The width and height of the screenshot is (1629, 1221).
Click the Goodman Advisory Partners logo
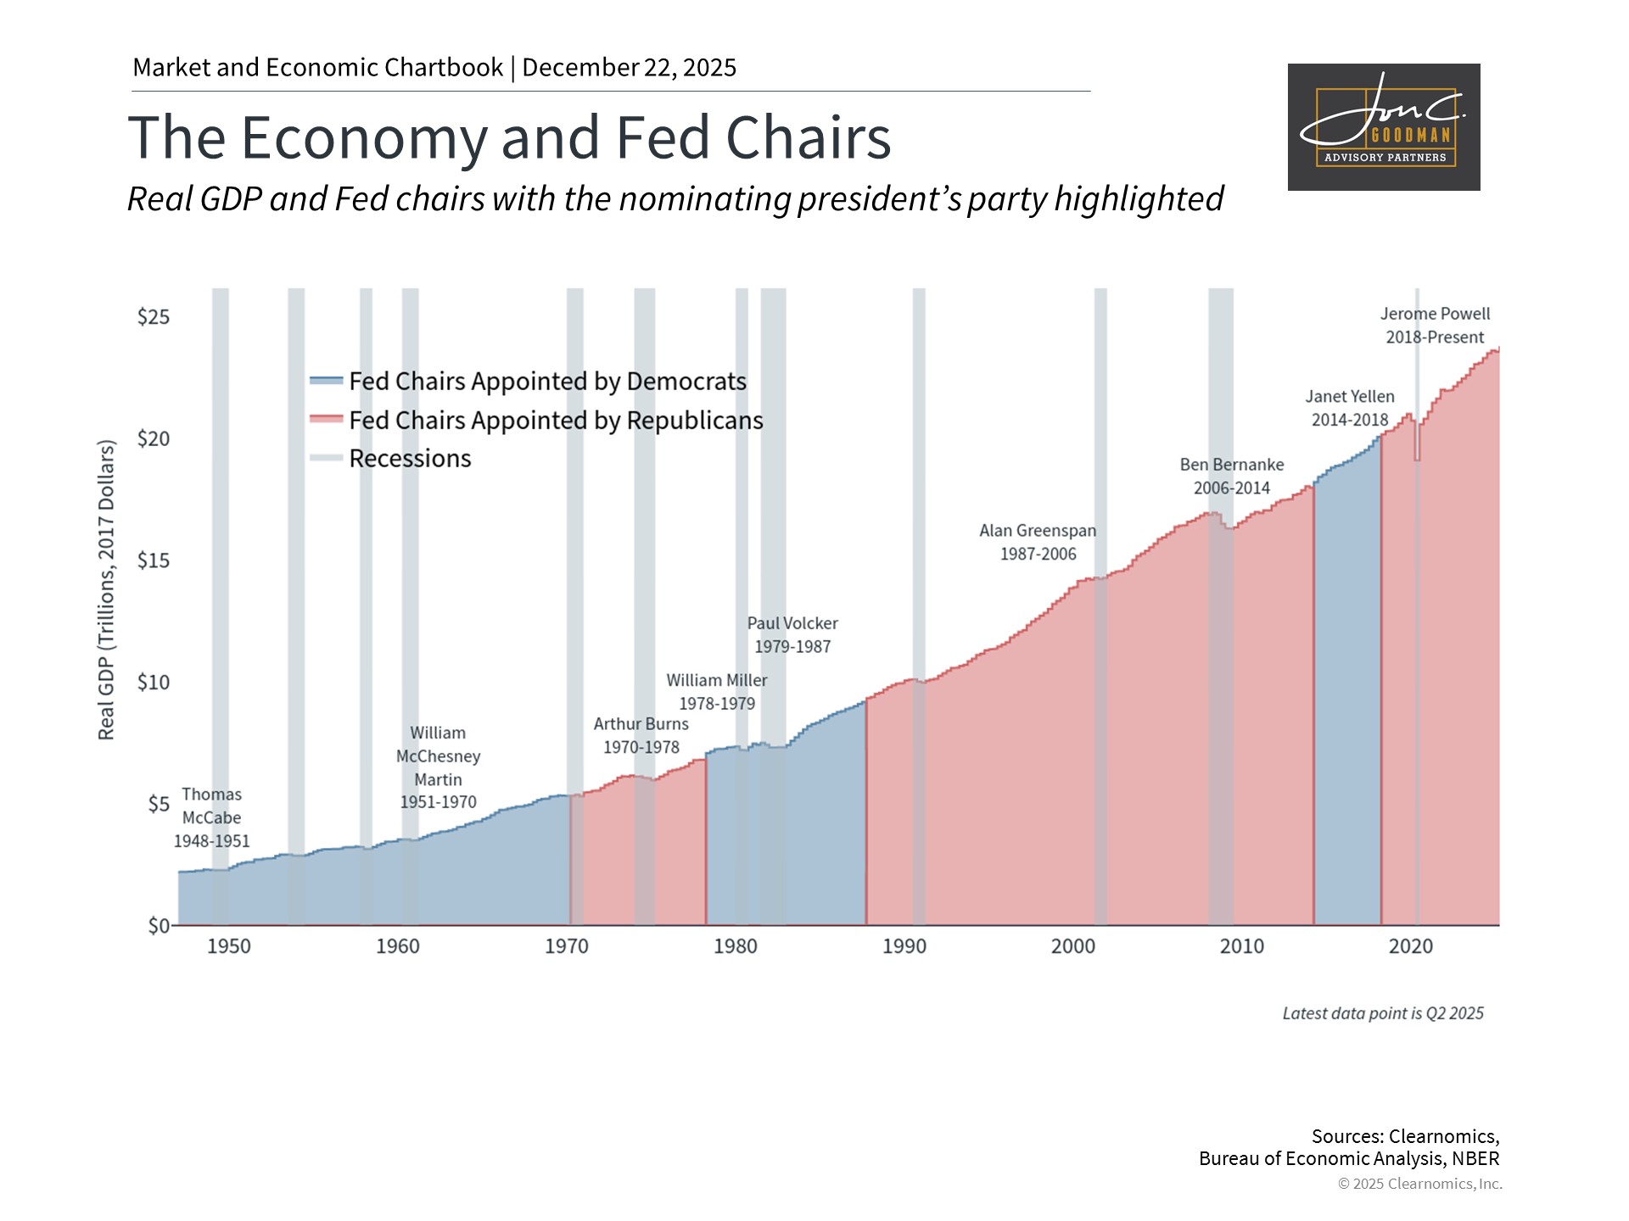pyautogui.click(x=1383, y=127)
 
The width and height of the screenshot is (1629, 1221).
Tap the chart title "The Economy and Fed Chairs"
pyautogui.click(x=509, y=137)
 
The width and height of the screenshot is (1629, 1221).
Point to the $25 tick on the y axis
pyautogui.click(x=154, y=317)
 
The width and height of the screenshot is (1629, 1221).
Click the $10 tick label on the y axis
pyautogui.click(x=154, y=683)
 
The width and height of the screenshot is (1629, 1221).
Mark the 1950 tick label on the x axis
pyautogui.click(x=229, y=946)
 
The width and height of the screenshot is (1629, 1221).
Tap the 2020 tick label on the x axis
pyautogui.click(x=1410, y=946)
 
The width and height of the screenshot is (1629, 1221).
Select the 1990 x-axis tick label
pyautogui.click(x=904, y=946)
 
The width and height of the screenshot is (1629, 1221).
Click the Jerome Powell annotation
pyautogui.click(x=1435, y=326)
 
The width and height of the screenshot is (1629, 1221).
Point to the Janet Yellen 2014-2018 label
pyautogui.click(x=1350, y=408)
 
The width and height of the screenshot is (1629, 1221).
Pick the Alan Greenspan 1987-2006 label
pyautogui.click(x=1038, y=542)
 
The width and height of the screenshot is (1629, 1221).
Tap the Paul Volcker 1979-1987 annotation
pyautogui.click(x=792, y=634)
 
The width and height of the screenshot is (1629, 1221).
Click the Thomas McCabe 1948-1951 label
pyautogui.click(x=212, y=817)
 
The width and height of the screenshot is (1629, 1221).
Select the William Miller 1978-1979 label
pyautogui.click(x=717, y=692)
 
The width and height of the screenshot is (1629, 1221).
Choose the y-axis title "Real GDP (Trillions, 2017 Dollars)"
pyautogui.click(x=106, y=589)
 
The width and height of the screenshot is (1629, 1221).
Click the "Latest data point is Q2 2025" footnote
pyautogui.click(x=1383, y=1013)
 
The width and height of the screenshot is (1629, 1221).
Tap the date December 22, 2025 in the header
pyautogui.click(x=629, y=68)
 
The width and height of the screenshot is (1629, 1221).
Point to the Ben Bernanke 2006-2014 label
pyautogui.click(x=1232, y=476)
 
